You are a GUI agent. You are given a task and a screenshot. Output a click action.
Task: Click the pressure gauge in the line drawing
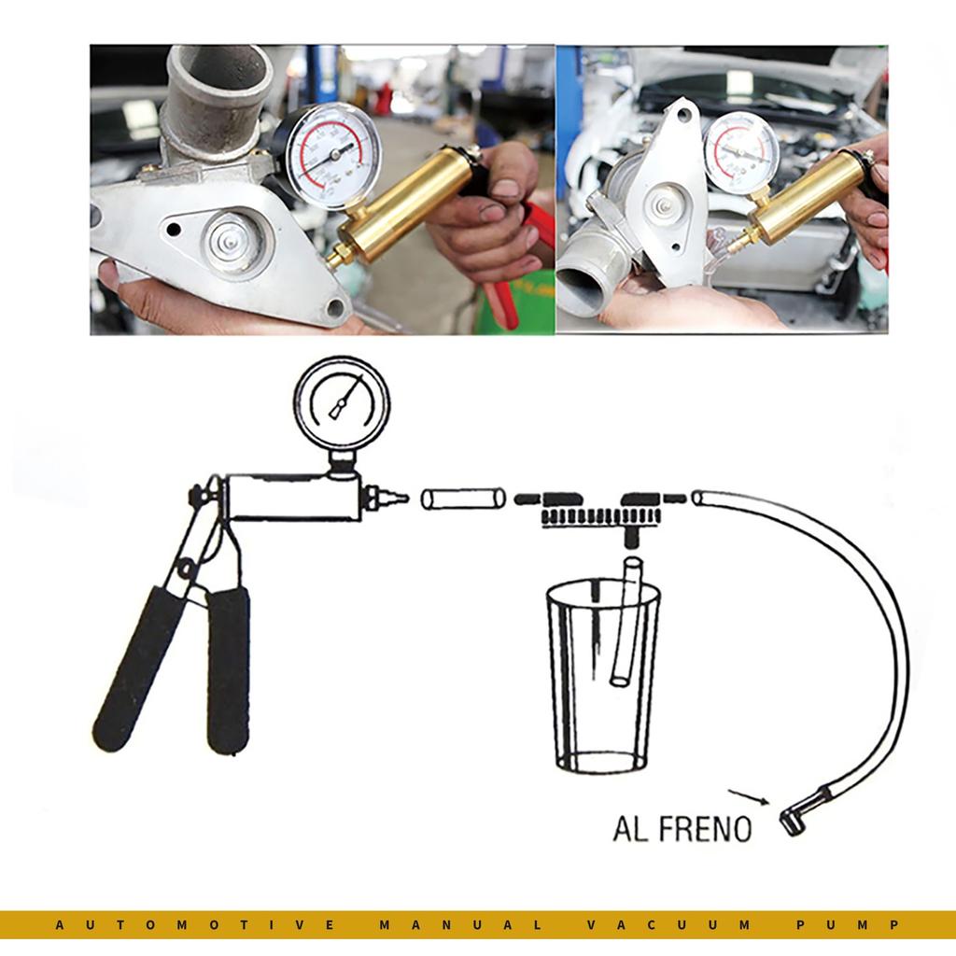(342, 402)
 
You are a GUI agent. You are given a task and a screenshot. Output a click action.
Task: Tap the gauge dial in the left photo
(332, 156)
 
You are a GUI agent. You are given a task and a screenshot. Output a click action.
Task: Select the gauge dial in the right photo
(740, 152)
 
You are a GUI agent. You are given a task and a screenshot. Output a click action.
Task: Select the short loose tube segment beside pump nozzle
(463, 499)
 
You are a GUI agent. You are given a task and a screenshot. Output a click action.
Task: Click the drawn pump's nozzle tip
(400, 499)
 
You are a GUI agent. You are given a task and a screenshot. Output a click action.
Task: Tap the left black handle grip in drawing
(137, 667)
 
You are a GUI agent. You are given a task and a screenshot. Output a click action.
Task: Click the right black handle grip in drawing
(228, 670)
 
